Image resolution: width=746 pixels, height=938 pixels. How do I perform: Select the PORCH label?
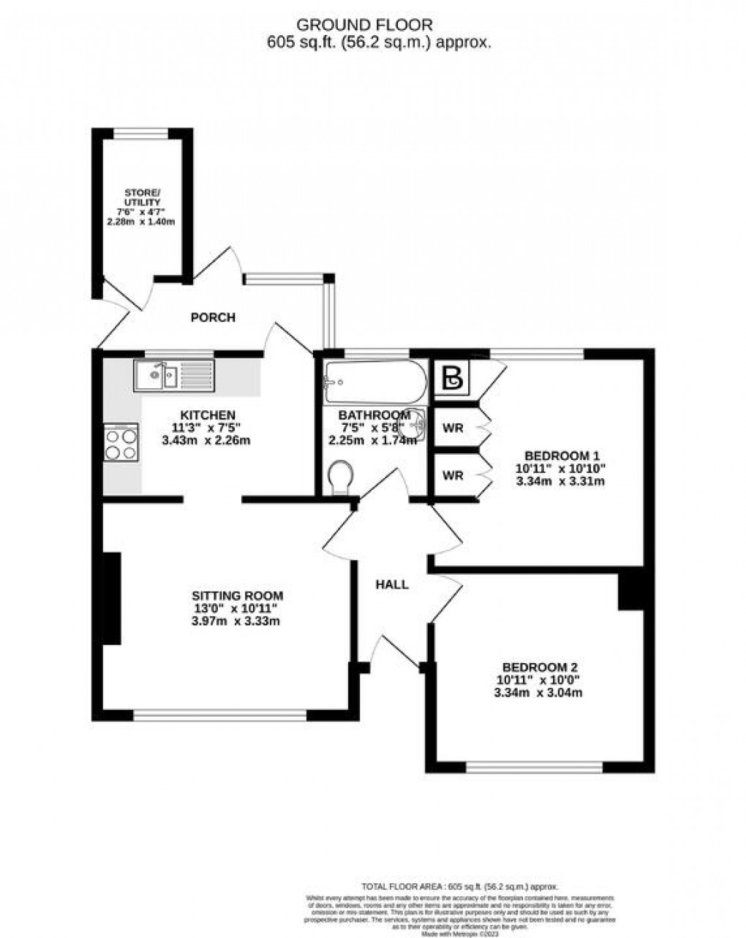tap(213, 317)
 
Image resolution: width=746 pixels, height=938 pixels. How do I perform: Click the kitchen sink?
tap(173, 376)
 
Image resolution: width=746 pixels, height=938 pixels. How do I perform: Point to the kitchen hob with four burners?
tap(121, 443)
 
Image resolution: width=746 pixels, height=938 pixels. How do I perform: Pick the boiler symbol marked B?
tap(453, 378)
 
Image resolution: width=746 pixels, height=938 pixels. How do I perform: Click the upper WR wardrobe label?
tap(453, 428)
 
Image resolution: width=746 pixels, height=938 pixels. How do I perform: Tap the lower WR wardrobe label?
tap(453, 475)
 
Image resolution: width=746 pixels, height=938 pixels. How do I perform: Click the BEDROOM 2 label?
tap(539, 667)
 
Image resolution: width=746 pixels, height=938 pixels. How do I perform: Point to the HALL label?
tap(392, 584)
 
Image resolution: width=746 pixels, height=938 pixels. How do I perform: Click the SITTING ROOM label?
tap(237, 596)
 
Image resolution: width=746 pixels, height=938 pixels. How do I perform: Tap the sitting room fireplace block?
tap(111, 598)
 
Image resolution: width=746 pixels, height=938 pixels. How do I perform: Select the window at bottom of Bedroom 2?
tap(535, 767)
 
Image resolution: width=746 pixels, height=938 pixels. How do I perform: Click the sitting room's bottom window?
tap(219, 715)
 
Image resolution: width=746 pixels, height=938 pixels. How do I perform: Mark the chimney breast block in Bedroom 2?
tap(630, 591)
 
